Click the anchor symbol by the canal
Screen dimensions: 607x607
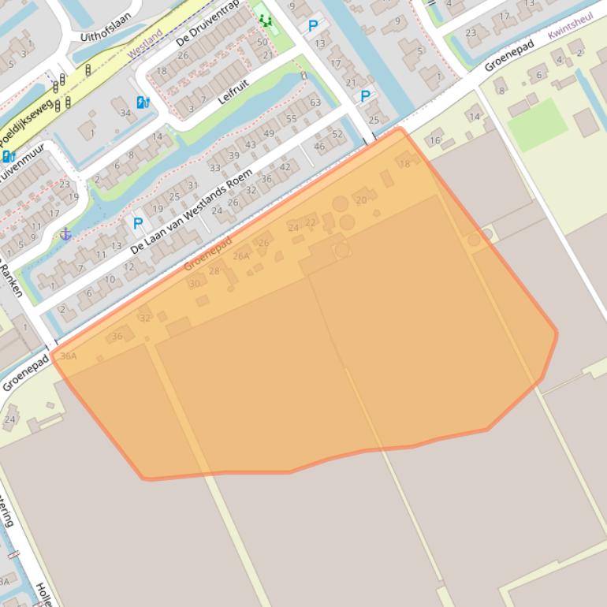66,233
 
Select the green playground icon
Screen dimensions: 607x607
263,20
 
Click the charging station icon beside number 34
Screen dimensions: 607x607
143,102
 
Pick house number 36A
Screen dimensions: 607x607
69,356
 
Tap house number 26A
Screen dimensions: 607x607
240,255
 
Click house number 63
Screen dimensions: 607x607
315,102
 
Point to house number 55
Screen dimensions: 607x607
291,119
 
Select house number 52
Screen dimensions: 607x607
337,134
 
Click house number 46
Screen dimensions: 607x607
319,147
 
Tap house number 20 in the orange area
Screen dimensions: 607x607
361,200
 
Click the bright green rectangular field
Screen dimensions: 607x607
538,125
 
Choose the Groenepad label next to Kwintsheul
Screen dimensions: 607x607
509,56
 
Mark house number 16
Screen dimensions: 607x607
435,141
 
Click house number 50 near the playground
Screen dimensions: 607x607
263,42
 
